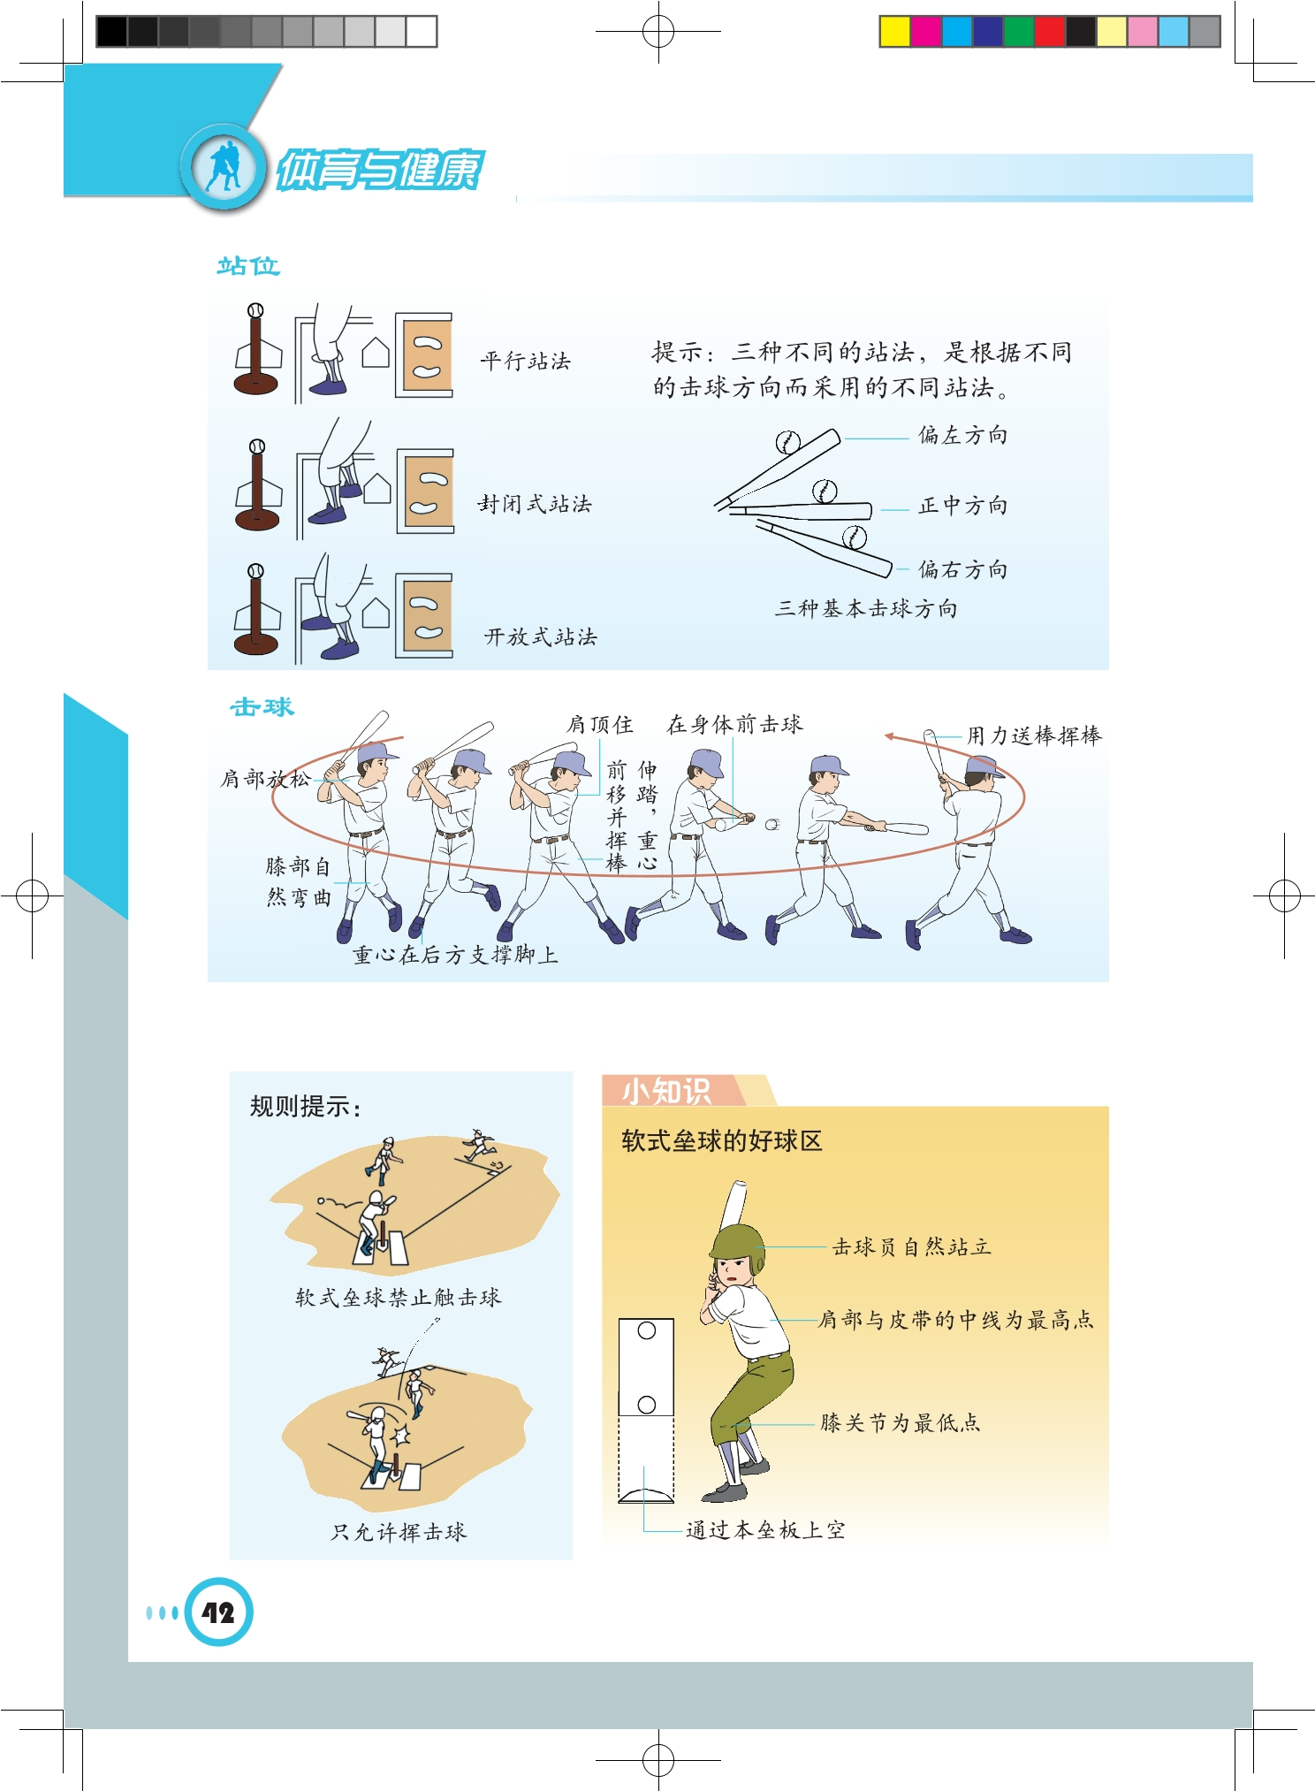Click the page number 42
coord(218,1612)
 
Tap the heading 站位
coord(248,266)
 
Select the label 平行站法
coord(526,361)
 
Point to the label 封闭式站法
coord(535,504)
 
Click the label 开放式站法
coord(541,636)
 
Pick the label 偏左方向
coord(963,435)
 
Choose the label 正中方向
coord(963,506)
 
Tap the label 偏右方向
coord(963,569)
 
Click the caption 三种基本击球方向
coord(866,608)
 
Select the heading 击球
coord(262,707)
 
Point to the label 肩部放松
coord(266,779)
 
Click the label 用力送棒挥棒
coord(1034,735)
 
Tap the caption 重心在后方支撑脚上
coord(456,955)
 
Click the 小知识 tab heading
coord(666,1091)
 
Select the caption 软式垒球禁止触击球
coord(399,1297)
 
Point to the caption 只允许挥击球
coord(399,1532)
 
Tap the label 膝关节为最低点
coord(901,1422)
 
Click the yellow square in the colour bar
coord(894,32)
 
